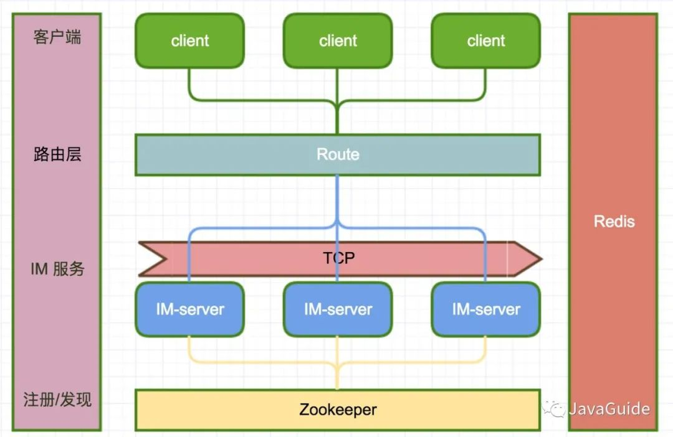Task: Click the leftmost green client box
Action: point(189,40)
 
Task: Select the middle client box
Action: point(338,40)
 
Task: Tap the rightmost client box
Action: point(486,40)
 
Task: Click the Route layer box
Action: point(338,155)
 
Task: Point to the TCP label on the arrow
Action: point(338,258)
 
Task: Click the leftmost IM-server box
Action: point(189,309)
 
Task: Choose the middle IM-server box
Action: point(338,309)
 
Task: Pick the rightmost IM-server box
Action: point(486,309)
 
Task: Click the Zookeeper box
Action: point(338,410)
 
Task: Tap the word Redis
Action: point(614,222)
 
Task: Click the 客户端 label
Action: point(57,37)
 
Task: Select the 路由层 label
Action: point(57,154)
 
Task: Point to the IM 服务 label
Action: point(57,269)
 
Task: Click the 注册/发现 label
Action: point(57,400)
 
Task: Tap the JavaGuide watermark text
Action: point(609,409)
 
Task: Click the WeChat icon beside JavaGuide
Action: point(554,409)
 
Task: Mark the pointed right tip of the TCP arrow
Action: point(542,258)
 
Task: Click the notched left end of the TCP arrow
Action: point(166,258)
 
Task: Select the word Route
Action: point(338,154)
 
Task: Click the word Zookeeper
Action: point(338,410)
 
